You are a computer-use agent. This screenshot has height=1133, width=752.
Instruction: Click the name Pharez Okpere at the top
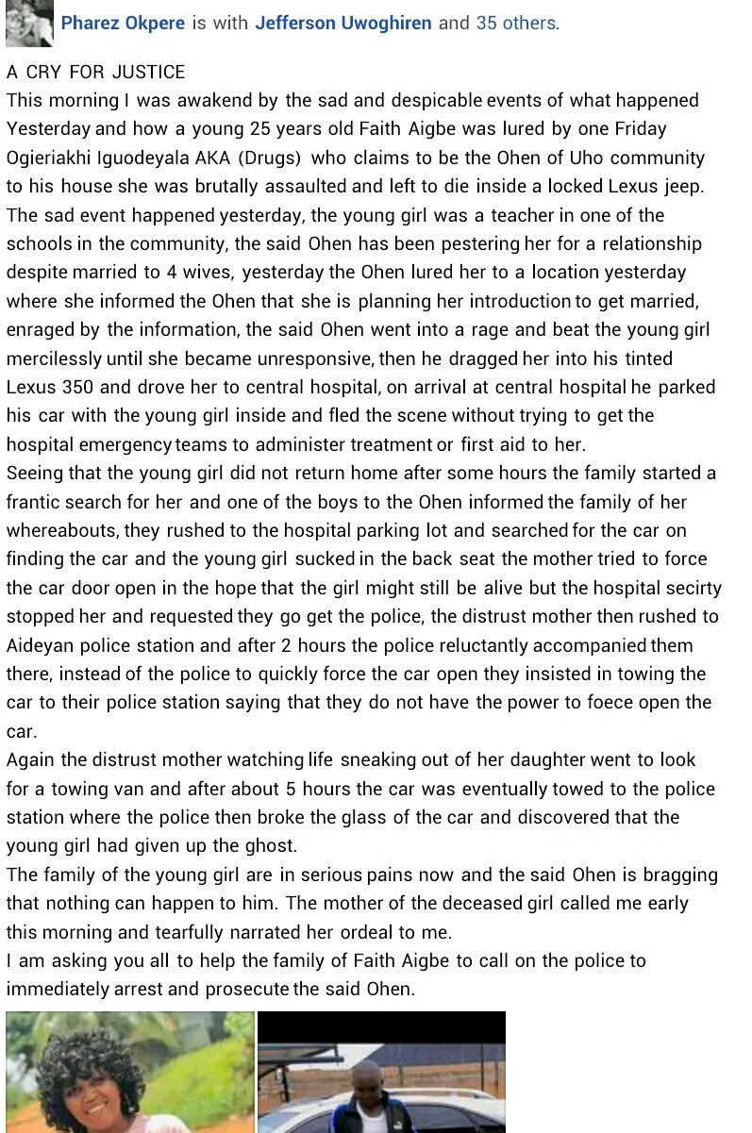click(x=123, y=23)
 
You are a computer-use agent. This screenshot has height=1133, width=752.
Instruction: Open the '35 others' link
click(x=516, y=23)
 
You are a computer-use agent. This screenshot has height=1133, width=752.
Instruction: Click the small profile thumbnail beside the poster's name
click(x=29, y=24)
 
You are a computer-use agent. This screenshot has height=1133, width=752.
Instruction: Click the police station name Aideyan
click(x=42, y=645)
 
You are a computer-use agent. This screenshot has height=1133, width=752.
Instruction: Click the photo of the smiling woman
click(x=130, y=1073)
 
